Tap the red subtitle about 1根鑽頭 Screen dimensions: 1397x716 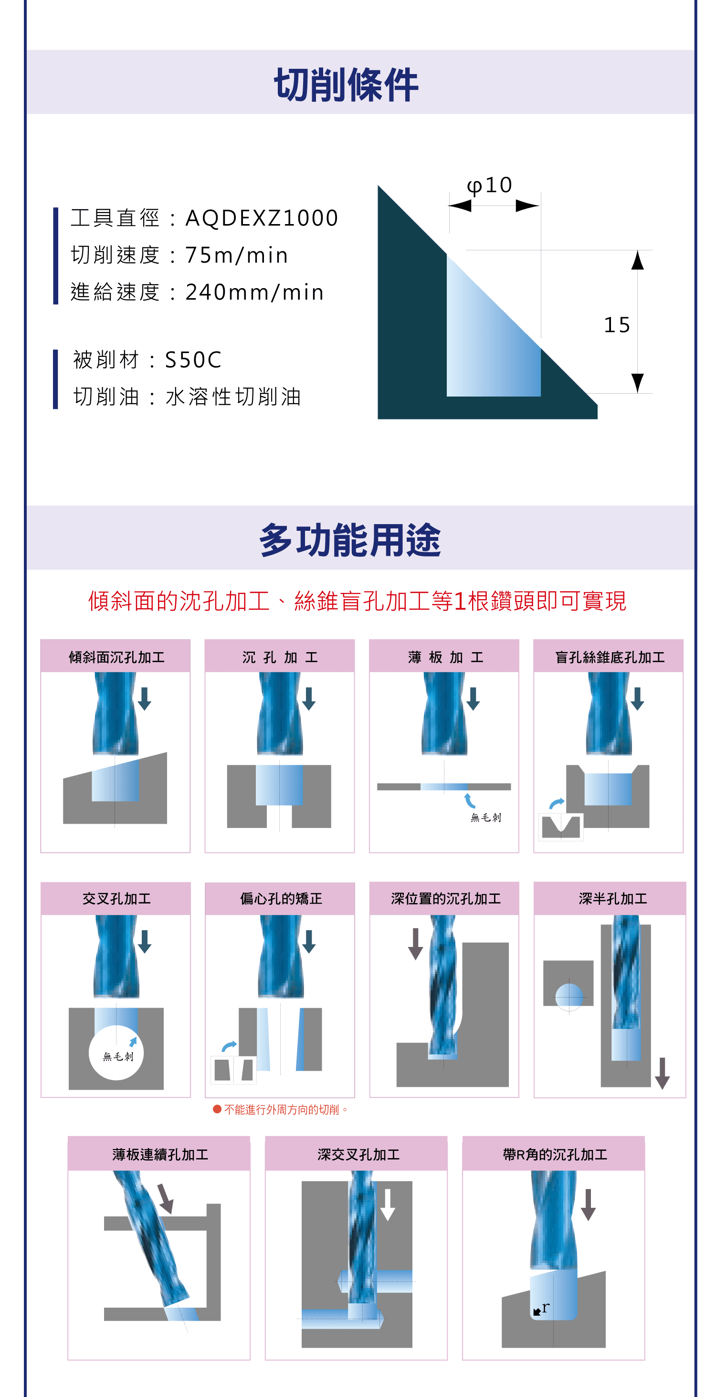click(x=357, y=601)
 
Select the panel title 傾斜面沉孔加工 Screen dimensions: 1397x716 click(x=116, y=657)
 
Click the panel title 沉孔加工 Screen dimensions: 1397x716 click(x=280, y=657)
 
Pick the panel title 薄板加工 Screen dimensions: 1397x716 click(x=444, y=657)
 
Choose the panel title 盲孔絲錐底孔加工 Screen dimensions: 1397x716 click(x=609, y=657)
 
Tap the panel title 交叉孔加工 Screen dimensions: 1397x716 click(x=116, y=899)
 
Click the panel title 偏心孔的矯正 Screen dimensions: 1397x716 click(x=281, y=899)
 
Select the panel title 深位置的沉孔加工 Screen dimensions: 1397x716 click(x=445, y=899)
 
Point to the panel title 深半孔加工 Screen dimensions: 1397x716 click(x=612, y=899)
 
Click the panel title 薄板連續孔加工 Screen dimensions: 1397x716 click(x=160, y=1155)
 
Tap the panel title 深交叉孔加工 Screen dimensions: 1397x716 click(x=358, y=1155)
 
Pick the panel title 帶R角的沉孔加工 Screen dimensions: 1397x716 click(x=555, y=1155)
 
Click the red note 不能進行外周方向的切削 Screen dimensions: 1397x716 click(x=282, y=1109)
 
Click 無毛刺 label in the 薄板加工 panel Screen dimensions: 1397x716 click(x=485, y=817)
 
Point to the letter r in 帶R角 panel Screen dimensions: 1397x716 click(x=545, y=1308)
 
